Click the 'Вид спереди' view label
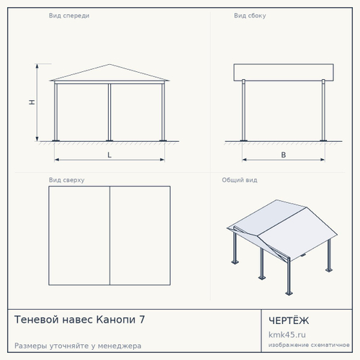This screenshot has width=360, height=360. [x=69, y=16]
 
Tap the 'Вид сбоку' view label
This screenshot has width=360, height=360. [x=250, y=16]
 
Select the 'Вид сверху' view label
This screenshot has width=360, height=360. [x=66, y=180]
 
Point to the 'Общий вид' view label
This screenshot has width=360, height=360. [x=240, y=180]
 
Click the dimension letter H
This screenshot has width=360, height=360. [x=32, y=102]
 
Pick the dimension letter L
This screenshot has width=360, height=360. [x=109, y=155]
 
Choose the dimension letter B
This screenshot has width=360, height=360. [x=284, y=155]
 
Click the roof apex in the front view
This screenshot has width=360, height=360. [x=109, y=64]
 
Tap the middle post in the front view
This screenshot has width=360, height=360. [x=109, y=112]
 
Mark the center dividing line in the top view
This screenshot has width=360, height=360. [x=109, y=235]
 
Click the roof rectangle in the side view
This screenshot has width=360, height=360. [x=284, y=72]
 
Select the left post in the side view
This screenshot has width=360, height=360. [x=243, y=110]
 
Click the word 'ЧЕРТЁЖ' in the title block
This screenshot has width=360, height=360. [x=289, y=320]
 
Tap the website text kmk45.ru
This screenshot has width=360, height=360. [x=287, y=335]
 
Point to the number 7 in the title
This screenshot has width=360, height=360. [x=142, y=320]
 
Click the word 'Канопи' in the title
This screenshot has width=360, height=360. [x=116, y=320]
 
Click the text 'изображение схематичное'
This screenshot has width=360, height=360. [x=309, y=345]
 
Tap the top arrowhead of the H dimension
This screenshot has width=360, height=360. [x=37, y=66]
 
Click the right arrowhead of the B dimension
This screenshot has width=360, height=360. [x=323, y=159]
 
